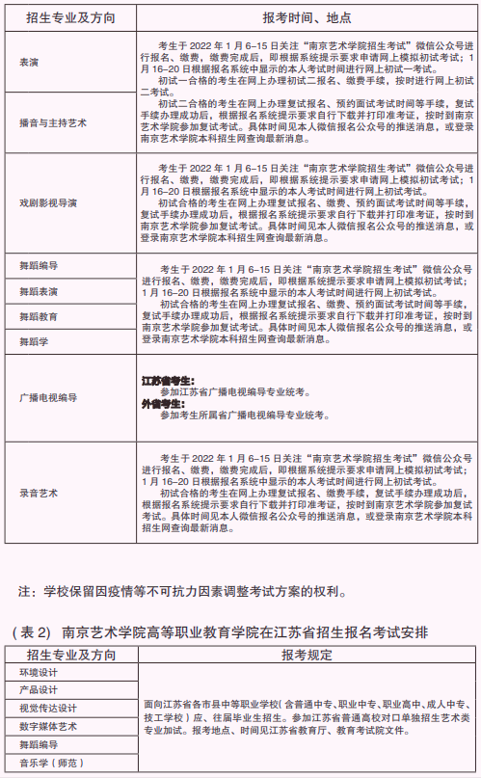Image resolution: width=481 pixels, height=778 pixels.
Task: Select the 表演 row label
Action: click(29, 62)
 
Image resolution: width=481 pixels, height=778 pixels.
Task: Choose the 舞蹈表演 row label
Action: click(38, 290)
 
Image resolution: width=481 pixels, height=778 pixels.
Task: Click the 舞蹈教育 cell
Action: click(38, 315)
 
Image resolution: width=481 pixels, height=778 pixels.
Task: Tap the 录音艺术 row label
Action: click(38, 492)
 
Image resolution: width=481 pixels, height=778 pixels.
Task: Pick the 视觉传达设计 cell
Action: click(44, 708)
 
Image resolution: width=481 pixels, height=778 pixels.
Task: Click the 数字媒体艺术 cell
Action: click(44, 726)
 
